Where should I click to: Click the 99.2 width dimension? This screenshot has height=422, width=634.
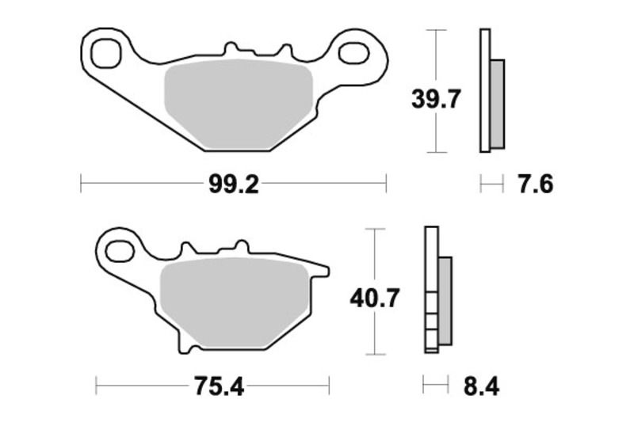point(234,184)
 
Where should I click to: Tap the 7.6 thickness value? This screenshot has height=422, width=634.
point(535,184)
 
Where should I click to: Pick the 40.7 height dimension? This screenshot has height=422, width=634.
point(375,298)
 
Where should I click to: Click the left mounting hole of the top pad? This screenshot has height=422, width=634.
point(105,54)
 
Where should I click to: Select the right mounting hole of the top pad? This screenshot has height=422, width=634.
point(352,53)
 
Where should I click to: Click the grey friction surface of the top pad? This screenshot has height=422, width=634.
point(237,107)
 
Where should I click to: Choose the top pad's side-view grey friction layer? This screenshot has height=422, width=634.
point(497,103)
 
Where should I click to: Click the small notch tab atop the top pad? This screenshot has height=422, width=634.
point(232,51)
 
